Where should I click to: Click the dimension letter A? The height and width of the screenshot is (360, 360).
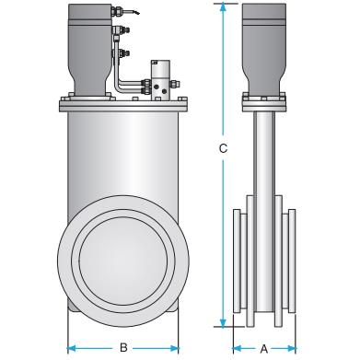coord(264,349)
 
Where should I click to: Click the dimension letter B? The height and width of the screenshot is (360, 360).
coord(123,348)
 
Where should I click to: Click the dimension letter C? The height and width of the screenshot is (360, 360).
coord(223,148)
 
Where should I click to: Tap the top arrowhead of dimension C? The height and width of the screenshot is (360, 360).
coord(223,7)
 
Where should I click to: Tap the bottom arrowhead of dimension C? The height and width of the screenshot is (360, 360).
coord(223,322)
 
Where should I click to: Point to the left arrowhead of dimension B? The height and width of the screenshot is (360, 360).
coord(72,348)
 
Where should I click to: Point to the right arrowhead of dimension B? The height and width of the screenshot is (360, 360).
coord(174,348)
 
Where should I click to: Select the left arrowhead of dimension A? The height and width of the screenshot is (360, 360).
coord(238,349)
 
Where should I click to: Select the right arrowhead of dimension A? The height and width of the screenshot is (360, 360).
coord(292,349)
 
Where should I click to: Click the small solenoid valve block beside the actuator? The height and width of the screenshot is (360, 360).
coord(160,79)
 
